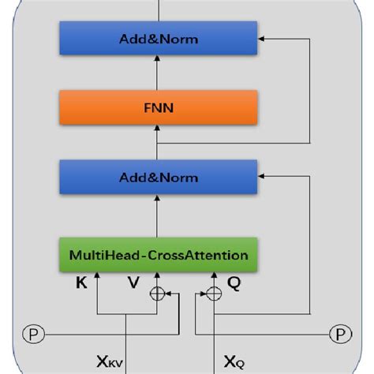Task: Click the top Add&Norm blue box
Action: tap(159, 37)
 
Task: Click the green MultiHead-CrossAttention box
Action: tap(159, 255)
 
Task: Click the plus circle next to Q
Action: tap(214, 293)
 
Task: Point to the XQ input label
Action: tap(234, 362)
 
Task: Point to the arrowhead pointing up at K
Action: tap(96, 275)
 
